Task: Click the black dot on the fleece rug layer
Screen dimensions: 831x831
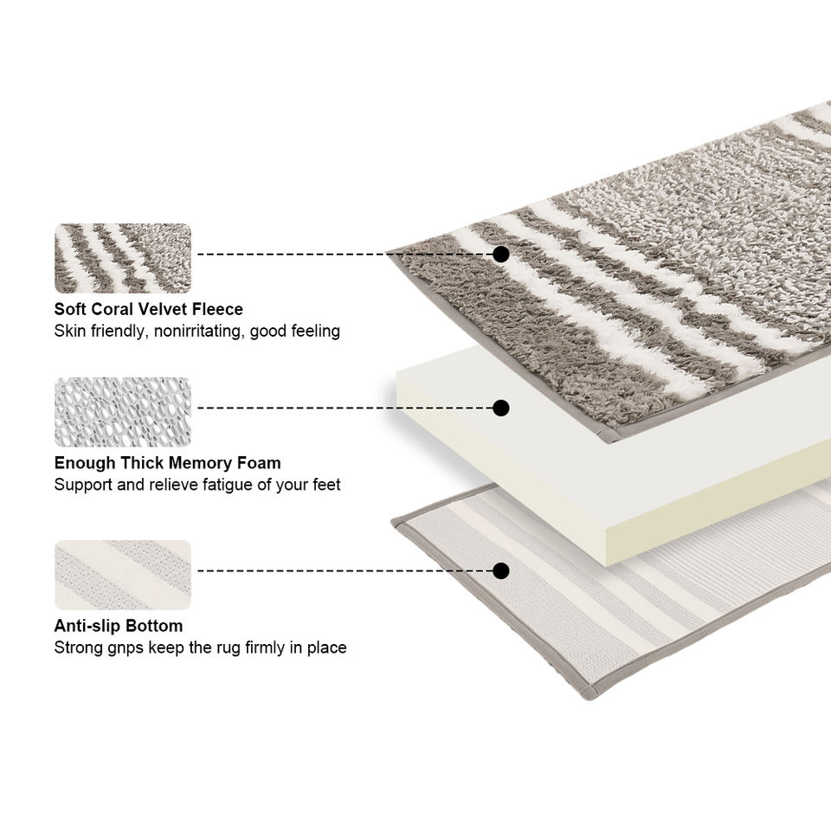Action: [x=500, y=254]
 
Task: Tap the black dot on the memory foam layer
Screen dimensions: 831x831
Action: [x=500, y=407]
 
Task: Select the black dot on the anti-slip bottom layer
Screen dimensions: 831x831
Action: [x=500, y=570]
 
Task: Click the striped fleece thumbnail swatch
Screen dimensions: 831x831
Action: [x=122, y=258]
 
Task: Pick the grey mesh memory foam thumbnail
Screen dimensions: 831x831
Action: [x=122, y=411]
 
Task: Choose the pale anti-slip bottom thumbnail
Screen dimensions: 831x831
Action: [x=122, y=575]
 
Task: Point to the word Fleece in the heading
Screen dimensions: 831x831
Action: [x=216, y=309]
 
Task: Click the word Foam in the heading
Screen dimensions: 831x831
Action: [x=258, y=463]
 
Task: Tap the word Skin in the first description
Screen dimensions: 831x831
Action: [x=70, y=331]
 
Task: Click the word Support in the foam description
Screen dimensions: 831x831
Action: [x=82, y=485]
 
